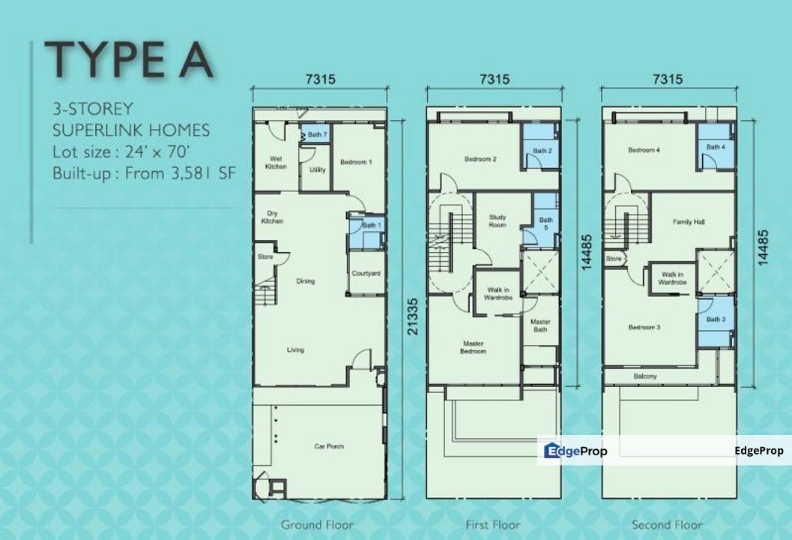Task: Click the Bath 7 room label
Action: pos(318,134)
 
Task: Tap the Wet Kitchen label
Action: pos(276,162)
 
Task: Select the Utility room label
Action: pos(318,170)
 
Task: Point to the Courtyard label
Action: pos(366,274)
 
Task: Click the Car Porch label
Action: pos(329,446)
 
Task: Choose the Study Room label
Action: pos(498,221)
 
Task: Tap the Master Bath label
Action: pos(540,325)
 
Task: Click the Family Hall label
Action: pos(689,222)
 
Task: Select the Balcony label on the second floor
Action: pos(645,376)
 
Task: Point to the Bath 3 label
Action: pos(716,319)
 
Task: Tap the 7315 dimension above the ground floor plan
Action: pos(321,79)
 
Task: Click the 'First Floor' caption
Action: pos(493,525)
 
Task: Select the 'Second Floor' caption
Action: pos(667,525)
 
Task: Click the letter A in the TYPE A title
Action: pos(196,60)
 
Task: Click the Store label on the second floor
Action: pos(614,259)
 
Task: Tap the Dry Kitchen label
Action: pos(272,217)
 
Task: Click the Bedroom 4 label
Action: pos(644,150)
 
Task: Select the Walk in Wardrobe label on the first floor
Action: pos(498,294)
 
